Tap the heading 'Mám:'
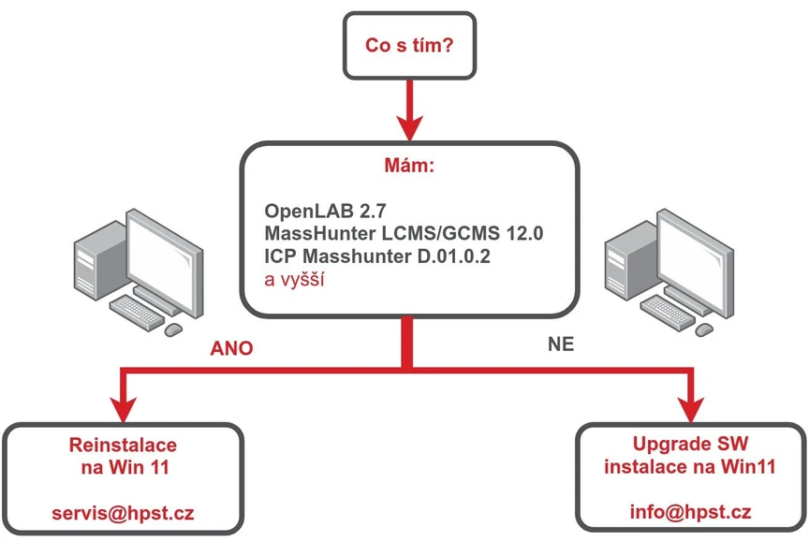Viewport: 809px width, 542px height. (407, 167)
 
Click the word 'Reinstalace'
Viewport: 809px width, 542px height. (123, 443)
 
